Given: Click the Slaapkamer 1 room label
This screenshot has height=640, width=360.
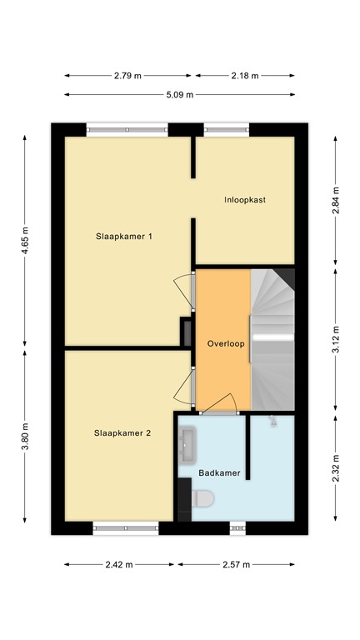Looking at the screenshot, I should (x=124, y=236).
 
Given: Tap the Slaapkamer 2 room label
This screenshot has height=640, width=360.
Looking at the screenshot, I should (x=122, y=432).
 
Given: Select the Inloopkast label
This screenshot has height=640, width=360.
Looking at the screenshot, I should (x=245, y=200).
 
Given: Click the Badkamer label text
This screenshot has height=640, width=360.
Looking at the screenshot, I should (x=220, y=473).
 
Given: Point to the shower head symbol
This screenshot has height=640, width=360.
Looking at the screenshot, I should (x=272, y=423).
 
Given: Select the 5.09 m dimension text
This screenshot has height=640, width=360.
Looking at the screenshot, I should (x=179, y=94).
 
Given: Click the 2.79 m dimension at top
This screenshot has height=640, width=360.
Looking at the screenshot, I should (x=127, y=75).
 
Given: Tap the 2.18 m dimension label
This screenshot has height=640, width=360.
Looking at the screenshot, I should (x=245, y=75).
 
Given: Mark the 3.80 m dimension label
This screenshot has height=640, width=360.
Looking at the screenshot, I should (x=25, y=437).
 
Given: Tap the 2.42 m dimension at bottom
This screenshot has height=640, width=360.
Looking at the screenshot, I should (x=119, y=564).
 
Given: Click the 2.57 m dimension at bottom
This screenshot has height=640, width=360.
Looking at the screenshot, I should (x=236, y=564).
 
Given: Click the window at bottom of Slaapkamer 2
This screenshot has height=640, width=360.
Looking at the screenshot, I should (x=126, y=527).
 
